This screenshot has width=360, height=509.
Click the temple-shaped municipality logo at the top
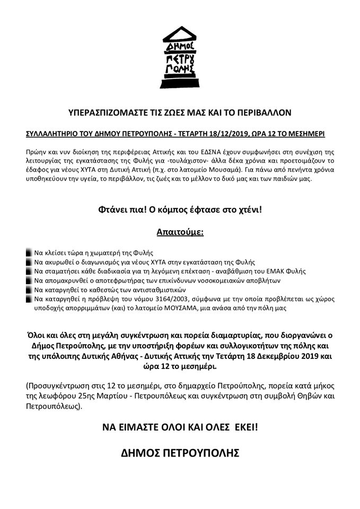(179, 59)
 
